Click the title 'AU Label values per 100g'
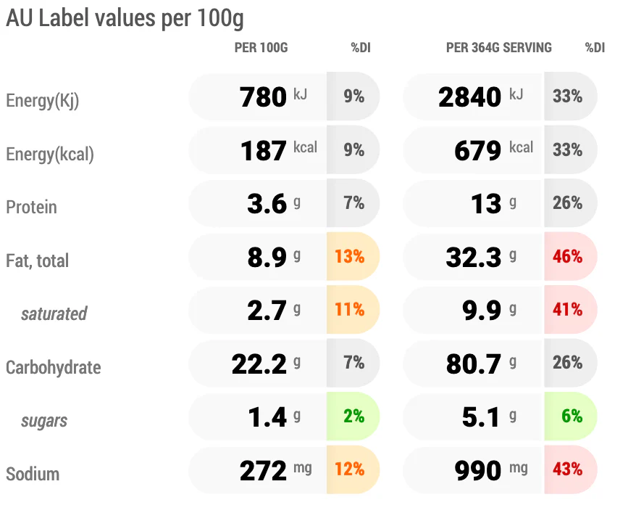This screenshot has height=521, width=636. tap(125, 19)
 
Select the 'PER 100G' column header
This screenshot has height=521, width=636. tap(261, 48)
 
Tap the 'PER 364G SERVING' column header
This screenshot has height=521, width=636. tap(499, 48)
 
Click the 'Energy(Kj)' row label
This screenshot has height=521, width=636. tap(42, 101)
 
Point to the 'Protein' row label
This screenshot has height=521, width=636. tap(31, 208)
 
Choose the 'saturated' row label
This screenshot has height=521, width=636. tap(54, 313)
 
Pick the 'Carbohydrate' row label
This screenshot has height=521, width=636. tap(53, 367)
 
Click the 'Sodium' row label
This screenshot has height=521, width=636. tap(33, 474)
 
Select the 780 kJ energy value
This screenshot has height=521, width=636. tap(273, 97)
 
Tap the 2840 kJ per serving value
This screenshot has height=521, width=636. tap(481, 97)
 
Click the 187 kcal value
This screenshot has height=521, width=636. tap(279, 150)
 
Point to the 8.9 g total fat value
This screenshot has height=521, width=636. tap(274, 257)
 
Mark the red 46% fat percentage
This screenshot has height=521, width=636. tap(567, 256)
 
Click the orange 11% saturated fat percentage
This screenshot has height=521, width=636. tap(349, 310)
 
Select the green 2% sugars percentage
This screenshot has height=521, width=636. tap(353, 417)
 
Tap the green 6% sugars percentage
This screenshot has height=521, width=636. tap(572, 417)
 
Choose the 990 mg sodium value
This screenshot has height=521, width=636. tap(491, 470)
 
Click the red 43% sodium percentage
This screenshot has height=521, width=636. tap(567, 469)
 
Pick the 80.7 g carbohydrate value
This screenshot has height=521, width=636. tap(481, 364)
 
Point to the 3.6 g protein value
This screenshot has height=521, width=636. tap(274, 204)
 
